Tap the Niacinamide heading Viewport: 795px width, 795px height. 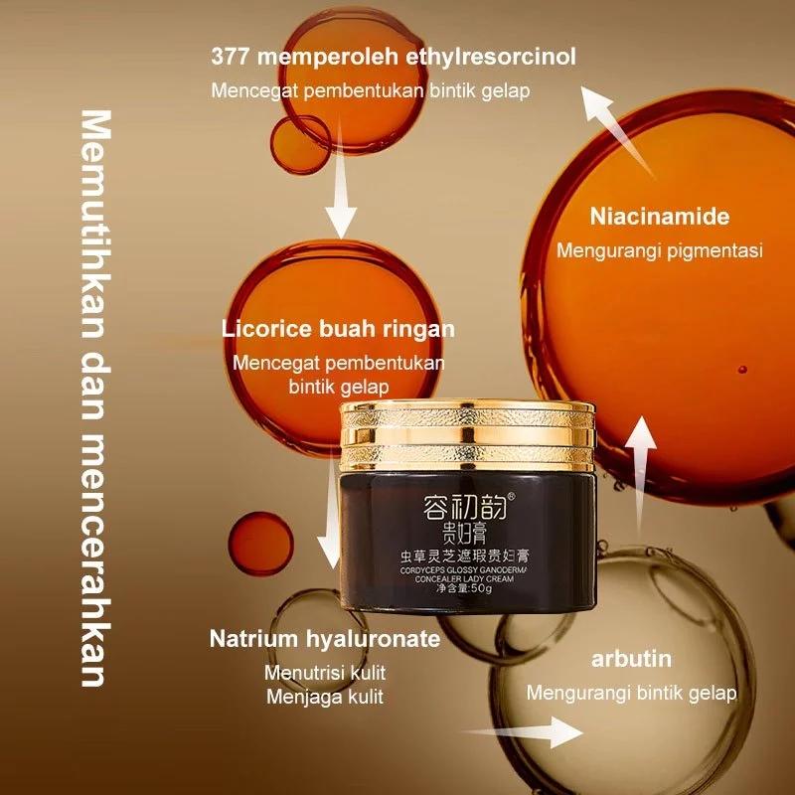click(659, 217)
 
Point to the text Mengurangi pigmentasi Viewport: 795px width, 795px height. click(659, 250)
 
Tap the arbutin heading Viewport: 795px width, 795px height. click(630, 659)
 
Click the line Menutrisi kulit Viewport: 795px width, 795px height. click(325, 673)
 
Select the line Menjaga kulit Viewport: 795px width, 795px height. click(325, 697)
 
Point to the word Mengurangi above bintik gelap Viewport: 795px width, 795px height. click(578, 693)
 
